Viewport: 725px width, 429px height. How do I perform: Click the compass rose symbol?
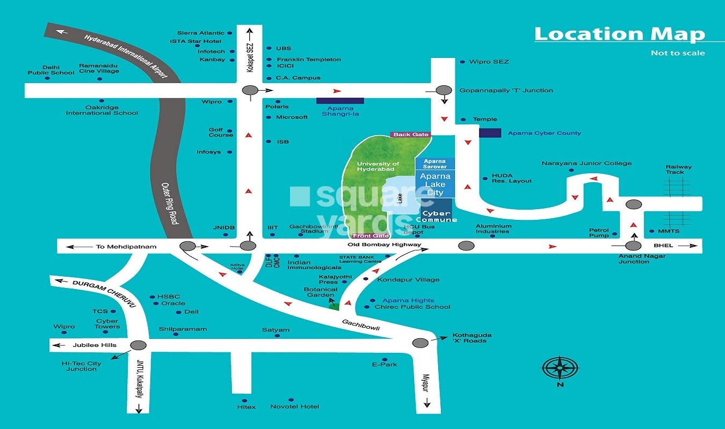tap(560, 368)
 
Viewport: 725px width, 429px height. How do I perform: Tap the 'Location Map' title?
tap(619, 34)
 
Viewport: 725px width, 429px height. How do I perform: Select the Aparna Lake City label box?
tap(435, 184)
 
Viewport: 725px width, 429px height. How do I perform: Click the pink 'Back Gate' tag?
tap(410, 135)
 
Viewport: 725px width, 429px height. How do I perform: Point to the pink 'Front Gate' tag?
tap(371, 236)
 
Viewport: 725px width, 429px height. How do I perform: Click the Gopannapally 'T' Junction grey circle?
tap(444, 91)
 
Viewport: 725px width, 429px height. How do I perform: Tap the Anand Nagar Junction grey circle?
tap(634, 246)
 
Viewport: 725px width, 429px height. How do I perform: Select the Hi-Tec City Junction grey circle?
tap(139, 345)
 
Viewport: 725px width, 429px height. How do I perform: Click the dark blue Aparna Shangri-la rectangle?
tap(340, 100)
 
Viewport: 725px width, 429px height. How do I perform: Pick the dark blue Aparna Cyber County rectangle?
tap(490, 132)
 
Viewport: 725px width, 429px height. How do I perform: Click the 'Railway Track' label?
tap(678, 169)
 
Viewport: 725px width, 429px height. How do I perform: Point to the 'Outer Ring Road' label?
tap(170, 203)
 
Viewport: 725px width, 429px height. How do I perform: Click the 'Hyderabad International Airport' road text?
tap(126, 56)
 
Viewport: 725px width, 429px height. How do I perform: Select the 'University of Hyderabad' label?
tap(379, 166)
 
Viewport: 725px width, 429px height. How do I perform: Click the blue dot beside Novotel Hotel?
tap(291, 400)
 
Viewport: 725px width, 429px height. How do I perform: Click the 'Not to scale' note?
tap(678, 53)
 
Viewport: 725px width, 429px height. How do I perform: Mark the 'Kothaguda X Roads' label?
tap(472, 338)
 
